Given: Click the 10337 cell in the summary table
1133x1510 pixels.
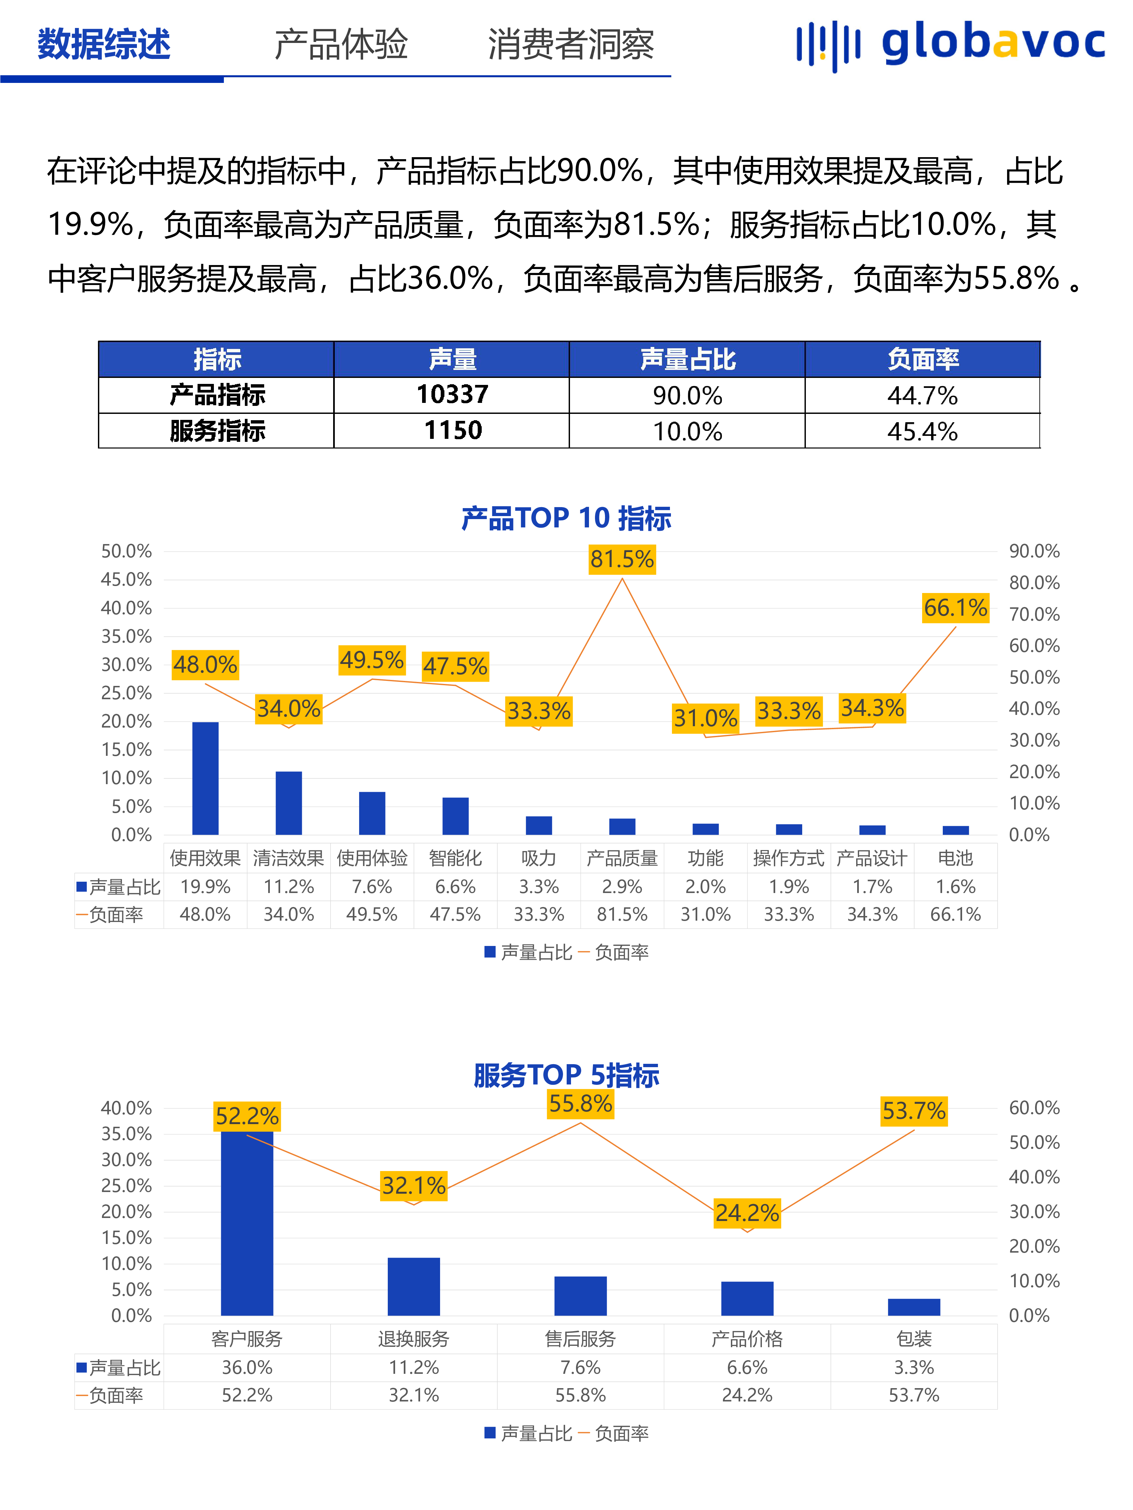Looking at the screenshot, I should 452,395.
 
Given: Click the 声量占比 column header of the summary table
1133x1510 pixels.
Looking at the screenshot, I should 687,359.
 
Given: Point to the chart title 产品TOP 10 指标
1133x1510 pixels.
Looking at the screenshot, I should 566,518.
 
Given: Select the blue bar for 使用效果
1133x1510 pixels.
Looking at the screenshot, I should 206,778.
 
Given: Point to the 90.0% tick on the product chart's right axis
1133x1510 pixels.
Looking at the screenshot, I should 1034,551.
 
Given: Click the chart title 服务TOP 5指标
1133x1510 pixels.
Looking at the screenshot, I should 566,1075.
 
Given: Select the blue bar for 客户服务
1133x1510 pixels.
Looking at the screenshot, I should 247,1222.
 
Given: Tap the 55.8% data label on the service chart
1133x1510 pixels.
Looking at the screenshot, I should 581,1104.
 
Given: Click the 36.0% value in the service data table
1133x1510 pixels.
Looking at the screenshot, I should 247,1367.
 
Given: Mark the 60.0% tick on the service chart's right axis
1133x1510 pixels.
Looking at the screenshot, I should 1034,1108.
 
